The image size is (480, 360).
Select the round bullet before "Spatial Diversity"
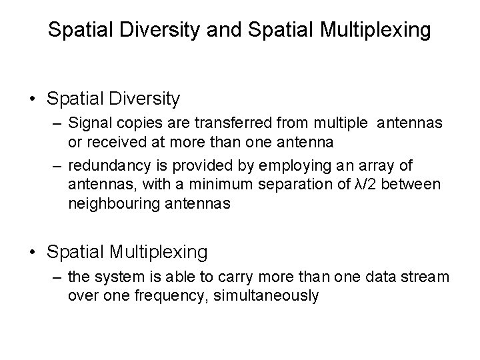click(33, 99)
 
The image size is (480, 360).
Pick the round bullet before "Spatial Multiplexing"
click(33, 252)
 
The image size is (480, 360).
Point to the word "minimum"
click(209, 183)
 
